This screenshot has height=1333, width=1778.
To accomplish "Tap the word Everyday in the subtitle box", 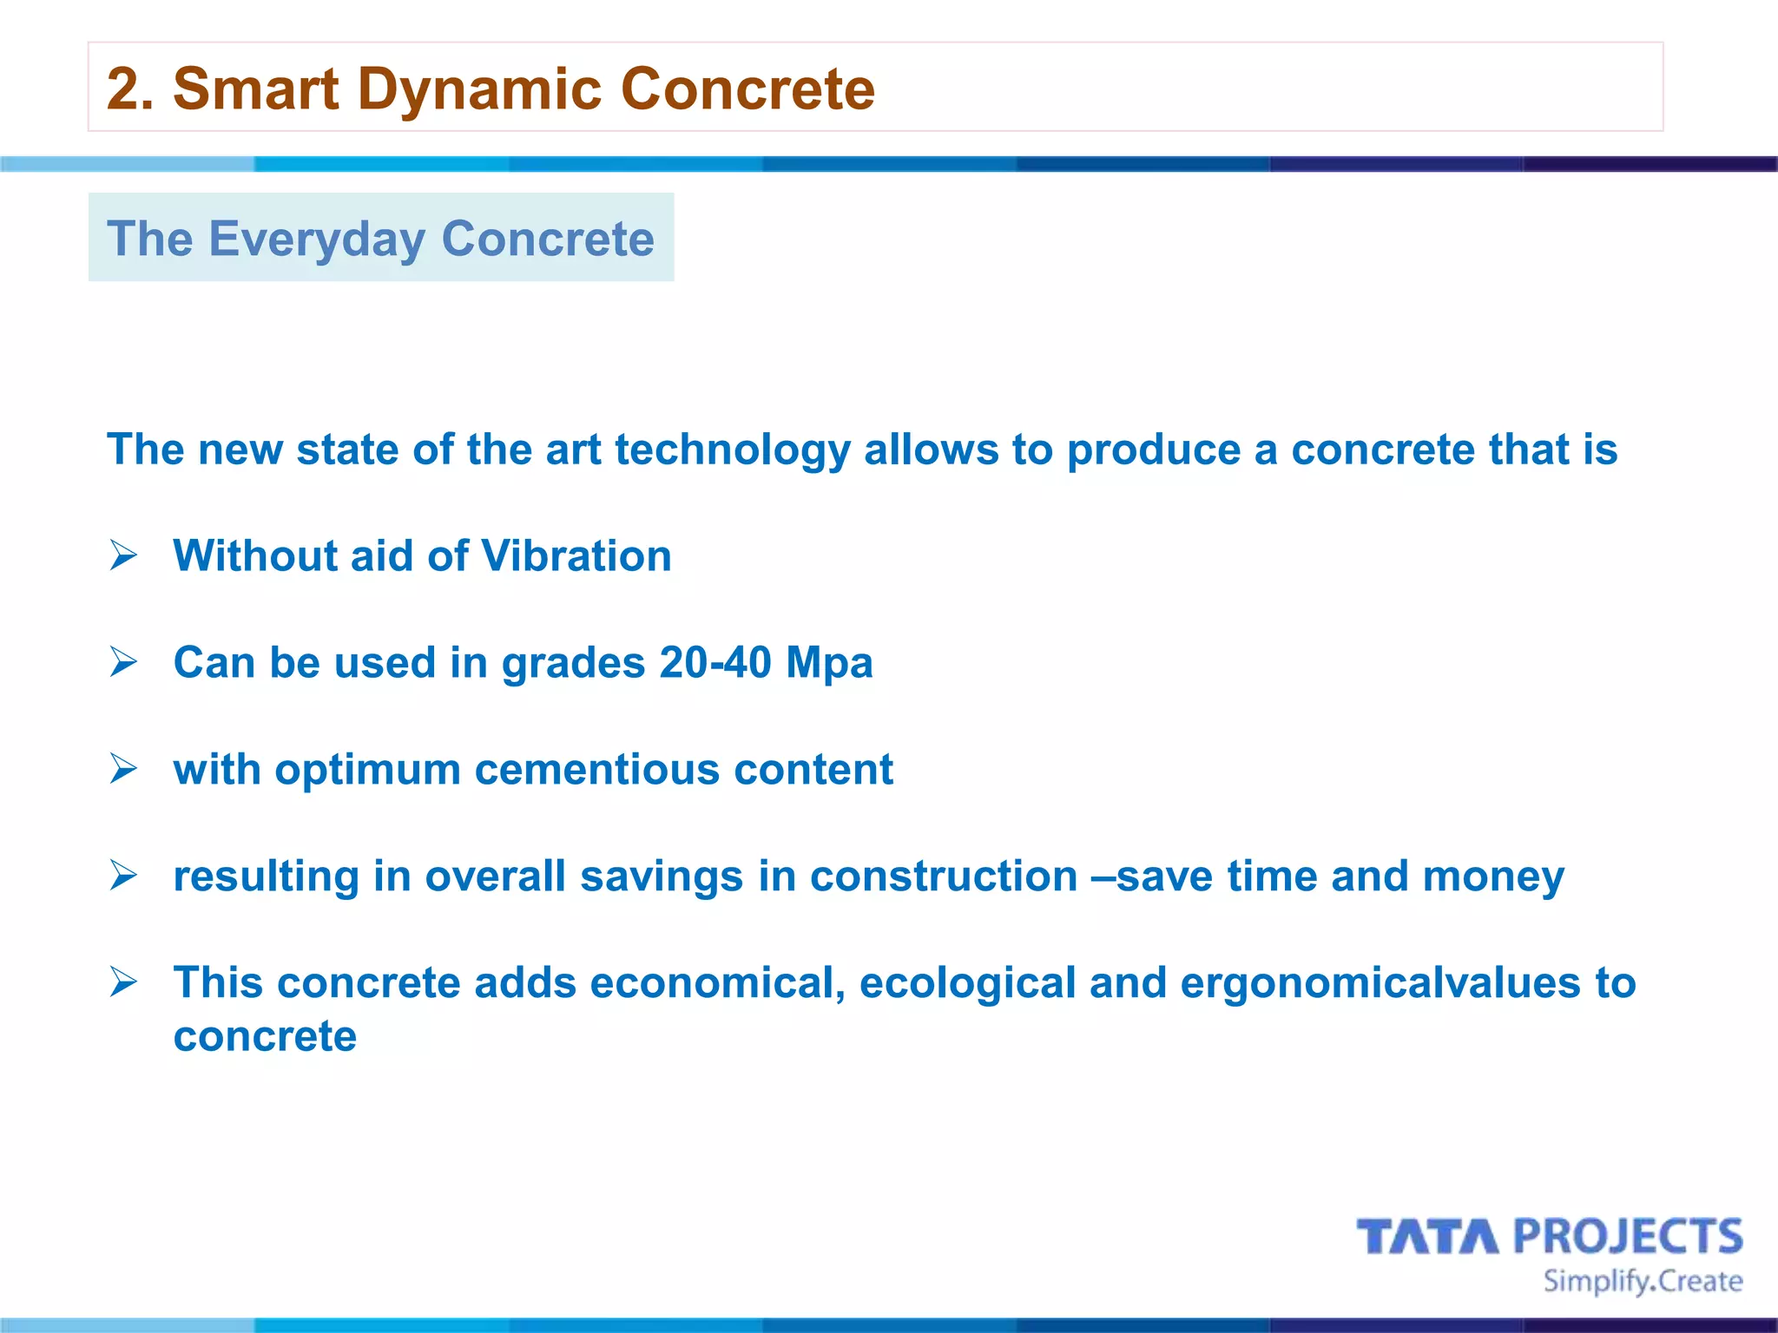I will coord(317,239).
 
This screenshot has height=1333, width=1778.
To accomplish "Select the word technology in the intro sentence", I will coord(733,450).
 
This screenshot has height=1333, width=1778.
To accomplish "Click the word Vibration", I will coord(576,556).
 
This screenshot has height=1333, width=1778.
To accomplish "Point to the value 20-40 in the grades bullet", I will coord(714,663).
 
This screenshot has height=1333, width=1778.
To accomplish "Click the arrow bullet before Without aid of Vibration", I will coord(123,555).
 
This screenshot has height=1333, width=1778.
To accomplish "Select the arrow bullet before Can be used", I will coord(123,662).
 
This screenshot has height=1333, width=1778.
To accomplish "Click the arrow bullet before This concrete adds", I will coord(123,982).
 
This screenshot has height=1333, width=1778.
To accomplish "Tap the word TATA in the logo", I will coord(1427,1237).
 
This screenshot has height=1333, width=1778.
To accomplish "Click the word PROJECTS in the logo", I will coord(1628,1237).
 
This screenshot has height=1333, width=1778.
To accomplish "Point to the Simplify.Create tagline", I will coord(1642,1282).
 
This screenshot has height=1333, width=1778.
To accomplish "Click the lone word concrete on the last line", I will coord(265,1037).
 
